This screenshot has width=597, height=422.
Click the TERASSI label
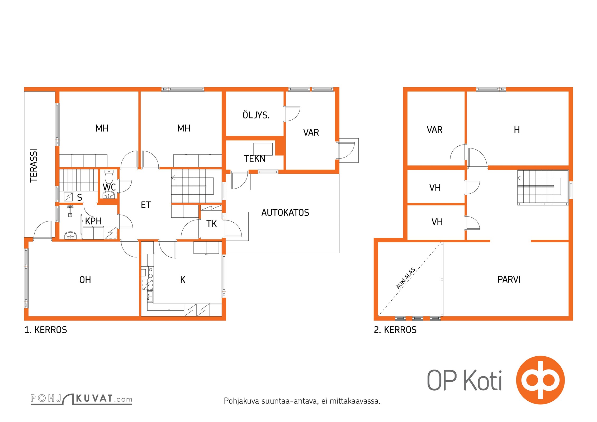[34, 166]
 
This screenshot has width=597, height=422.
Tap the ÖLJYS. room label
[256, 115]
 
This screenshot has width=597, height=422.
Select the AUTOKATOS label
[285, 213]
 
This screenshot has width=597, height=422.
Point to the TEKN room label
[254, 159]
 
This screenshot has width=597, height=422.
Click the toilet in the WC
[109, 176]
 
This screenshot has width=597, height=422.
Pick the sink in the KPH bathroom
[70, 235]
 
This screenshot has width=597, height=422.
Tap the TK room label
[212, 224]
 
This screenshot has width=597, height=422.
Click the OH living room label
[85, 280]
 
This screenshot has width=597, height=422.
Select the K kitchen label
[183, 280]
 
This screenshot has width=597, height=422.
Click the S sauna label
[79, 197]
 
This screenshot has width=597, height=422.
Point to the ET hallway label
[146, 205]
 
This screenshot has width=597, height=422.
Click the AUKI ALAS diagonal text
[406, 279]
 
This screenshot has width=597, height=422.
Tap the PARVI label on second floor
[509, 280]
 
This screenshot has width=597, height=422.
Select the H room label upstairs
[517, 130]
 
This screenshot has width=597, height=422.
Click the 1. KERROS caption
[46, 330]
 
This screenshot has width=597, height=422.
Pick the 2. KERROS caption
[395, 330]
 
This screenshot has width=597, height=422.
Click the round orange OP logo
[540, 380]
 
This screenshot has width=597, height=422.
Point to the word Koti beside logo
[483, 381]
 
